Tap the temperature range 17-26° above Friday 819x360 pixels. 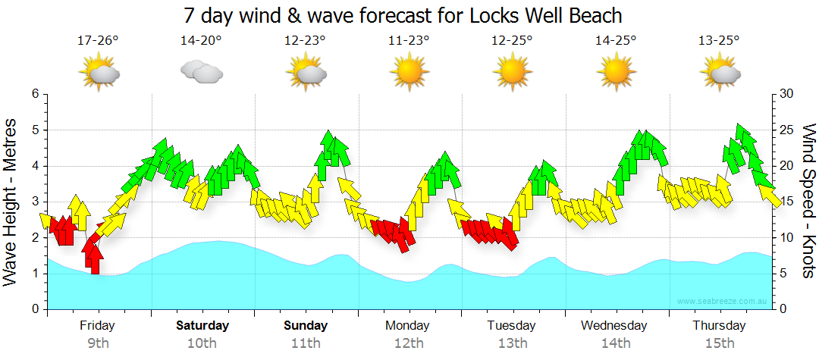pos(99,41)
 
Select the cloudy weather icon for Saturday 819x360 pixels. pos(201,72)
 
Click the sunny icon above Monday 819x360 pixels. pos(409,72)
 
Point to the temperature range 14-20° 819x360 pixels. pos(201,41)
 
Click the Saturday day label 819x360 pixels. pos(202,326)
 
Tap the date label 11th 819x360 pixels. pos(306,343)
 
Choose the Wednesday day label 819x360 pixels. pos(614,326)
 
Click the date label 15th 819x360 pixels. pos(719,343)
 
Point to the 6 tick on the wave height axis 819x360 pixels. pos(35,94)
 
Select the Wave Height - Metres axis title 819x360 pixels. pos(11,202)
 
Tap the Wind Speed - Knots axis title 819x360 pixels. pos(808,202)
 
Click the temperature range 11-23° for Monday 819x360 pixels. pos(409,41)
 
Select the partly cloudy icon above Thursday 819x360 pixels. pos(719,72)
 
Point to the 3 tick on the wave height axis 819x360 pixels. pos(35,202)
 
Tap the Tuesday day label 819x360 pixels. pos(512,326)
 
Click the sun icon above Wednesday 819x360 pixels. pos(616,72)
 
